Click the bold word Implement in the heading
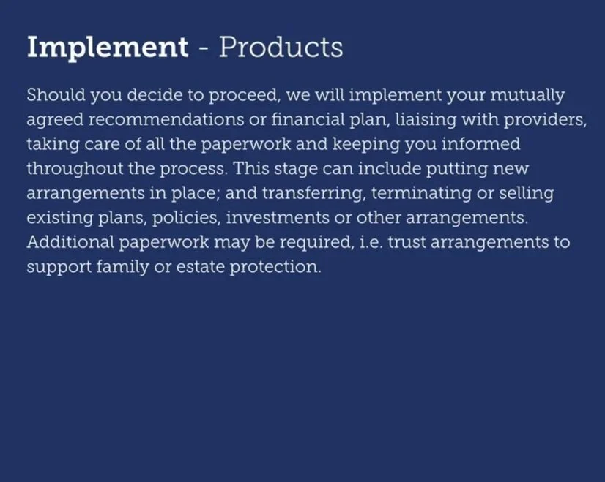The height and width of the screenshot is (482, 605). (107, 48)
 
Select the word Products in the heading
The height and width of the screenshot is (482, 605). (281, 48)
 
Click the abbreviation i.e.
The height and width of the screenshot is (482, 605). (366, 242)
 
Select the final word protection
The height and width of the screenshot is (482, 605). (275, 267)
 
